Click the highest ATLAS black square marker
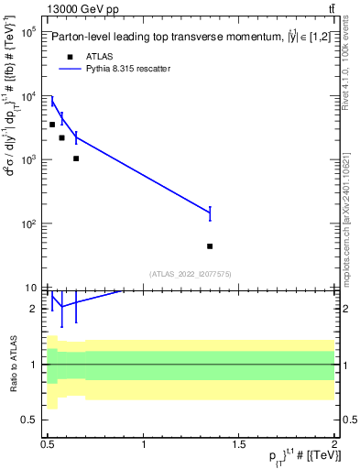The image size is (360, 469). pos(52,124)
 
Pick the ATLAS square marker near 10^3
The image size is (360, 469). pos(76,158)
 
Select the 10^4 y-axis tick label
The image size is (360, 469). pos(27,96)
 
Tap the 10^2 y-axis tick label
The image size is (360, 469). pos(27,224)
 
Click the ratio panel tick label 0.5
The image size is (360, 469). pos(29,420)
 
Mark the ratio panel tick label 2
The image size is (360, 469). pos(34,309)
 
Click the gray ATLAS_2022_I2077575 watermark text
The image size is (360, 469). pos(191,273)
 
